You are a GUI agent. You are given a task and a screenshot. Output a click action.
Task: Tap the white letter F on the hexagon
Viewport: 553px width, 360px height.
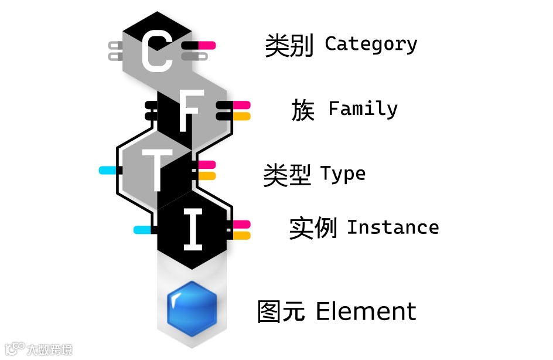click(187, 111)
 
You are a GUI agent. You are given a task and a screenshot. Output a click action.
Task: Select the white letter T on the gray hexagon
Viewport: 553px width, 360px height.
click(156, 169)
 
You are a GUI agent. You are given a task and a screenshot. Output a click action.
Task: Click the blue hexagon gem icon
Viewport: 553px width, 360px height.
click(192, 309)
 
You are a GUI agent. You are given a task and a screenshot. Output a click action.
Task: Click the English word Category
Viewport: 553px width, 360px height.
click(371, 44)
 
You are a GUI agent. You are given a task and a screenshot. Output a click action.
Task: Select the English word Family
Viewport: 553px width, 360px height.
click(363, 109)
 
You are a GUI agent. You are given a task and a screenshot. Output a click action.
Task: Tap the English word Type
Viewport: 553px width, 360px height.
click(343, 174)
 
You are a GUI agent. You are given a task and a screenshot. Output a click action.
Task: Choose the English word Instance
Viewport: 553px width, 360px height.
click(392, 227)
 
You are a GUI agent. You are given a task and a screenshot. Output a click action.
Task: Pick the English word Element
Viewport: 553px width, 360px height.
click(366, 311)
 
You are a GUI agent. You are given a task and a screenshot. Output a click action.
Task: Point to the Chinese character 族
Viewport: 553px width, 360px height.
click(303, 110)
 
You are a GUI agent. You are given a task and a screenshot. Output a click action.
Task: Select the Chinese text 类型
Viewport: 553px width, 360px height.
click(287, 175)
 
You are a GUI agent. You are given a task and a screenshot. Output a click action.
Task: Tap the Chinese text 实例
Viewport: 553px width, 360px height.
click(313, 228)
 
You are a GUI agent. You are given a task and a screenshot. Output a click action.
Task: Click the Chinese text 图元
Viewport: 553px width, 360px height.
click(281, 311)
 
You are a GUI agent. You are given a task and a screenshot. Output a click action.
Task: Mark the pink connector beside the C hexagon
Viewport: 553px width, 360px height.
click(207, 45)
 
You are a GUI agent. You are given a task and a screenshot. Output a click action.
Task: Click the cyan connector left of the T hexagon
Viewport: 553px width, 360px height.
click(107, 171)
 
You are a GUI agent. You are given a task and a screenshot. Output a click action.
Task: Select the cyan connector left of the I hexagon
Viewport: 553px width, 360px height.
click(142, 230)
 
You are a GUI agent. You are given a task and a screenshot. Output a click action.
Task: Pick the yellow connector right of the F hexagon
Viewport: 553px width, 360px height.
click(241, 116)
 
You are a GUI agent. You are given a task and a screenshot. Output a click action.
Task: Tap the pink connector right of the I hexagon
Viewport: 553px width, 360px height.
click(241, 224)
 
